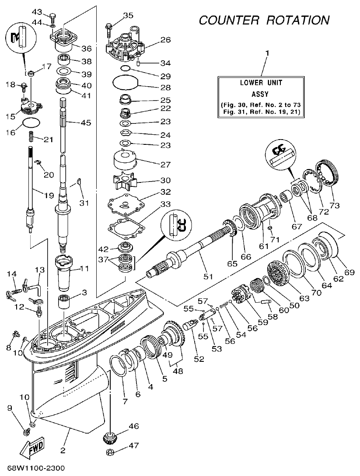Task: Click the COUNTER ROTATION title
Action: (x=264, y=20)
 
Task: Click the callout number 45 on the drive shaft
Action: (x=85, y=123)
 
